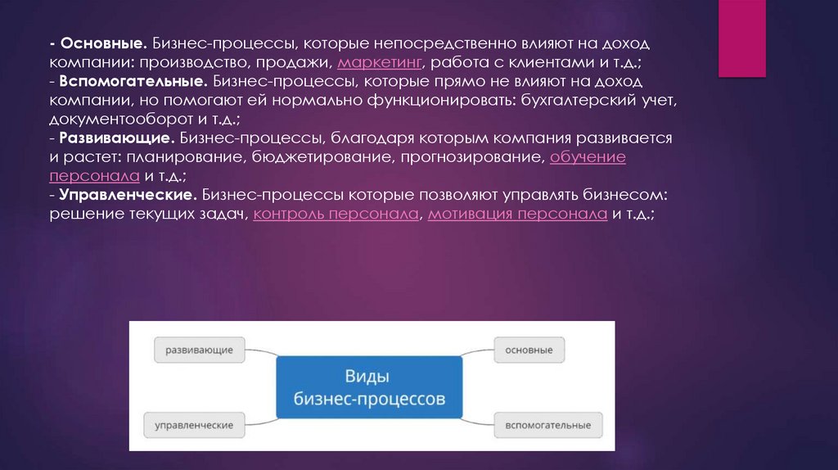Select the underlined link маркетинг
(x=379, y=62)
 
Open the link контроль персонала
(x=337, y=215)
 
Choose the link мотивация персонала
(x=517, y=215)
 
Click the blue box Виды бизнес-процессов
(x=369, y=387)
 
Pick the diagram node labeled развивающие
(x=199, y=350)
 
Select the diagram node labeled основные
(x=529, y=350)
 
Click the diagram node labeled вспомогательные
(x=547, y=425)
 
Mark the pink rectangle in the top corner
(x=741, y=38)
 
